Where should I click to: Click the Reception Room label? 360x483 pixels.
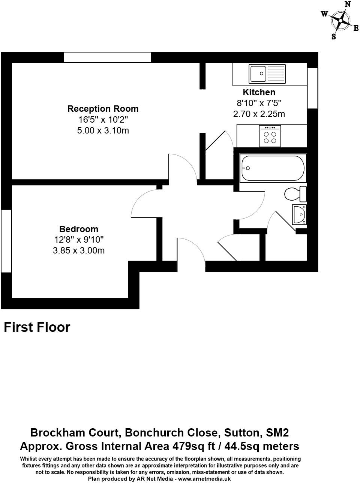pyautogui.click(x=103, y=109)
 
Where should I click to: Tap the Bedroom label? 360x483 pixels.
pyautogui.click(x=79, y=229)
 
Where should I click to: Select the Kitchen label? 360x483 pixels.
pyautogui.click(x=259, y=92)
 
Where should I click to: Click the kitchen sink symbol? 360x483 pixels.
pyautogui.click(x=267, y=74)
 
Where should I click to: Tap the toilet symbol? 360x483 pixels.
pyautogui.click(x=295, y=194)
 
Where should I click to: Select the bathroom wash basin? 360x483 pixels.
pyautogui.click(x=300, y=214)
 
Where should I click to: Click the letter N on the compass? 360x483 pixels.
pyautogui.click(x=348, y=4)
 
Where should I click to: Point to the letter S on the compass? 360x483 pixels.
pyautogui.click(x=334, y=37)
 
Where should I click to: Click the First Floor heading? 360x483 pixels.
pyautogui.click(x=37, y=327)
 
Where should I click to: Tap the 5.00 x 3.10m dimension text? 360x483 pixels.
pyautogui.click(x=103, y=130)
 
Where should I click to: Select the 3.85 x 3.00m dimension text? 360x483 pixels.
pyautogui.click(x=79, y=250)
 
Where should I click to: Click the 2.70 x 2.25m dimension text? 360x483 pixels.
pyautogui.click(x=259, y=114)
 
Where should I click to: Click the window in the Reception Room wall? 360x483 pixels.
pyautogui.click(x=107, y=57)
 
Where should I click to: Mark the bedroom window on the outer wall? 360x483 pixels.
pyautogui.click(x=6, y=240)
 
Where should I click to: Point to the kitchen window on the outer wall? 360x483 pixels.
pyautogui.click(x=312, y=88)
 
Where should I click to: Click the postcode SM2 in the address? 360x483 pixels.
pyautogui.click(x=277, y=433)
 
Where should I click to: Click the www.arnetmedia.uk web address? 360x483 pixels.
pyautogui.click(x=204, y=479)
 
